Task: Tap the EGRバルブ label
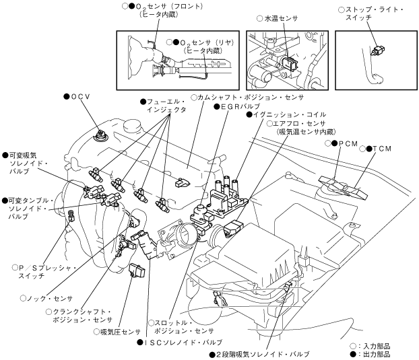pos(240,106)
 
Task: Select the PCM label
pos(348,143)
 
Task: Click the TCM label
pos(382,149)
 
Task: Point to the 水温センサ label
pos(281,18)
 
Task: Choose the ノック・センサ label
pos(50,298)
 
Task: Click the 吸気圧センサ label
pos(121,332)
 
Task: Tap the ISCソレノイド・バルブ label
pos(183,342)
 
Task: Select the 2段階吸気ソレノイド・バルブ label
pos(263,355)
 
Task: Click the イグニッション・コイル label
pos(290,114)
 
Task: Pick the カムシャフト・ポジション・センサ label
pos(251,98)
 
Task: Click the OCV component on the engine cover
pos(101,135)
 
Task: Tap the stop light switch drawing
pos(378,50)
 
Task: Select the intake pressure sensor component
pos(137,270)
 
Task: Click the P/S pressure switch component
pos(71,215)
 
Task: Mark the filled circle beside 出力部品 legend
pos(353,355)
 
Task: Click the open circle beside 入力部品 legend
pos(353,347)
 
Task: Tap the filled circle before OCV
pos(67,97)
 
